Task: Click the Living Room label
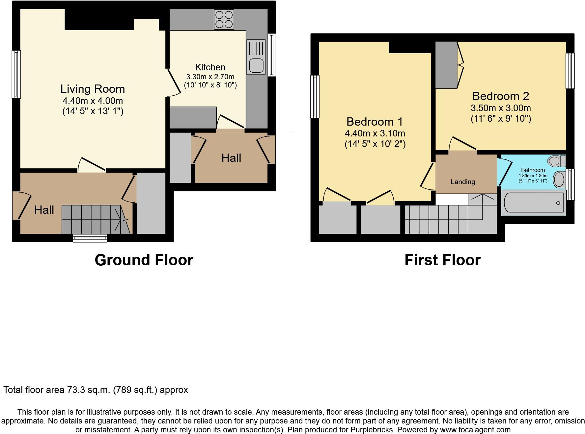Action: (93, 89)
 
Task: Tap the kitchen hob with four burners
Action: (224, 19)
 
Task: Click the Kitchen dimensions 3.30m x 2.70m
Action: (210, 77)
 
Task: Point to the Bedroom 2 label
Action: (500, 96)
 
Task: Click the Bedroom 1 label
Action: (375, 122)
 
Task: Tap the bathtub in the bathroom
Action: (533, 203)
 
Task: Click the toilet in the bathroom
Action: (556, 161)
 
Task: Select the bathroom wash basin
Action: (559, 180)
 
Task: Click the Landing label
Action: (462, 182)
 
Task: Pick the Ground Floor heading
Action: (144, 260)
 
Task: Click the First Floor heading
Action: (442, 260)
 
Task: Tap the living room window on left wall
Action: (16, 74)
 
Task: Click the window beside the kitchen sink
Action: (272, 55)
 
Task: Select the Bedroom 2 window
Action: (570, 71)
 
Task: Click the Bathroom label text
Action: (533, 170)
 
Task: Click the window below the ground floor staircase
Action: (90, 238)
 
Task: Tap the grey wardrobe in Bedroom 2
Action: (446, 65)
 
